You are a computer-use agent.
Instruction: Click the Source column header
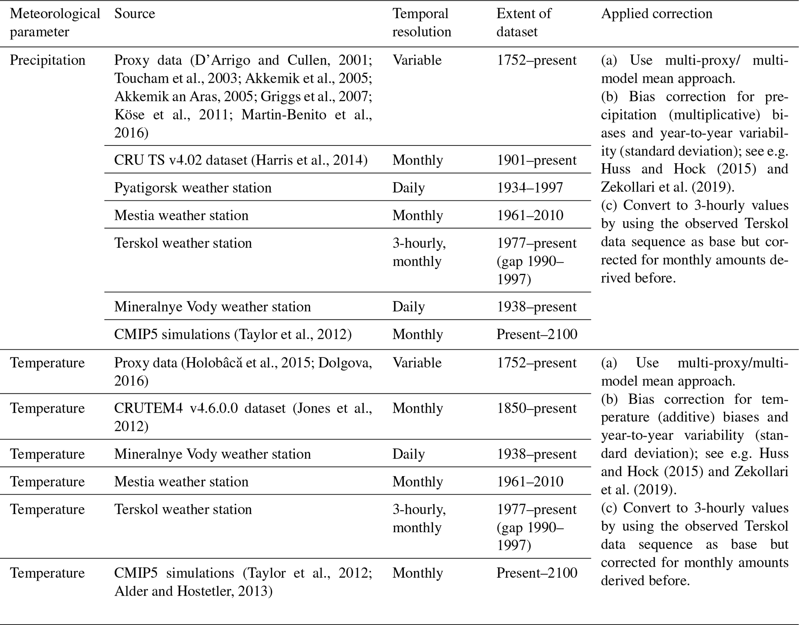(135, 14)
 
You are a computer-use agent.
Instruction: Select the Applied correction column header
(656, 14)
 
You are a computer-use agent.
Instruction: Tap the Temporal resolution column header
(422, 22)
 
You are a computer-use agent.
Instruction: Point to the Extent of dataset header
(524, 22)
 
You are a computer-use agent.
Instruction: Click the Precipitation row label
(48, 60)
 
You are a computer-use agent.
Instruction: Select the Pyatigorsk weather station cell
(193, 188)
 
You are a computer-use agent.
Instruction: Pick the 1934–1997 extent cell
(530, 188)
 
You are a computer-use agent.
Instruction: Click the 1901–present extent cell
(536, 160)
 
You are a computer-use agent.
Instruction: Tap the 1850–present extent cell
(536, 408)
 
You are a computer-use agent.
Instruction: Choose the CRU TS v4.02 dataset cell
(240, 160)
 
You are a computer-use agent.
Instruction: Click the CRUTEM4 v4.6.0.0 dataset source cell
(243, 417)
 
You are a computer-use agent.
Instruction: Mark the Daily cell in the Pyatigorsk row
(409, 188)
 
